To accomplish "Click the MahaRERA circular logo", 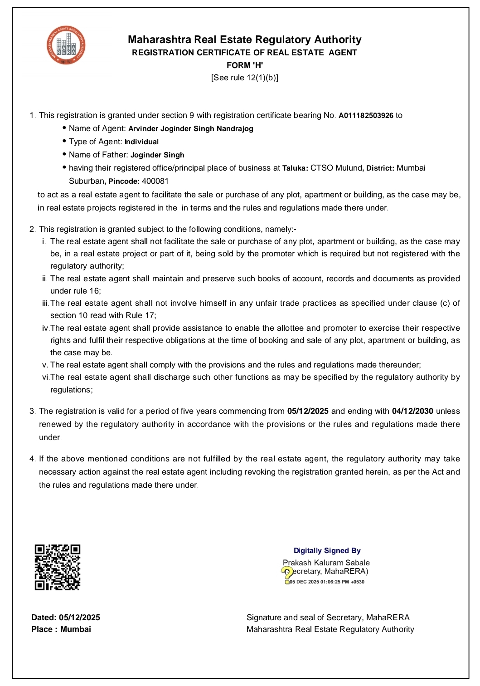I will (x=66, y=45).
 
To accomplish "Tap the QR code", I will (x=58, y=567).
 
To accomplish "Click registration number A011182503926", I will (x=366, y=116).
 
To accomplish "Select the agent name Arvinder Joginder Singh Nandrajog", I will (x=190, y=129).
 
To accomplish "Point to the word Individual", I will (x=141, y=142).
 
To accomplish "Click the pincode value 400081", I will (x=155, y=181).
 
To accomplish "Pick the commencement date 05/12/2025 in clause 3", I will (x=308, y=412).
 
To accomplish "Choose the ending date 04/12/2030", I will (x=412, y=412).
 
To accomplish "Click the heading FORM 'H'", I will (x=245, y=65).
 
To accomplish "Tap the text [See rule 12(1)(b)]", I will (x=245, y=78).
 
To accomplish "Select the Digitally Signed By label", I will (x=327, y=551).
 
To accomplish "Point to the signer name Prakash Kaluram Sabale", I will (x=326, y=563).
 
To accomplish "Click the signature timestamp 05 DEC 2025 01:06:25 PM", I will (x=326, y=582).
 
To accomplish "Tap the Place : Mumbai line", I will (x=61, y=629).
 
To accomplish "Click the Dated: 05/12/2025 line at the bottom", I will (x=66, y=617).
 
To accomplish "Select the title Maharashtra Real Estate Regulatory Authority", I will (x=245, y=40).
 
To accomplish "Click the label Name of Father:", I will (x=98, y=155).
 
